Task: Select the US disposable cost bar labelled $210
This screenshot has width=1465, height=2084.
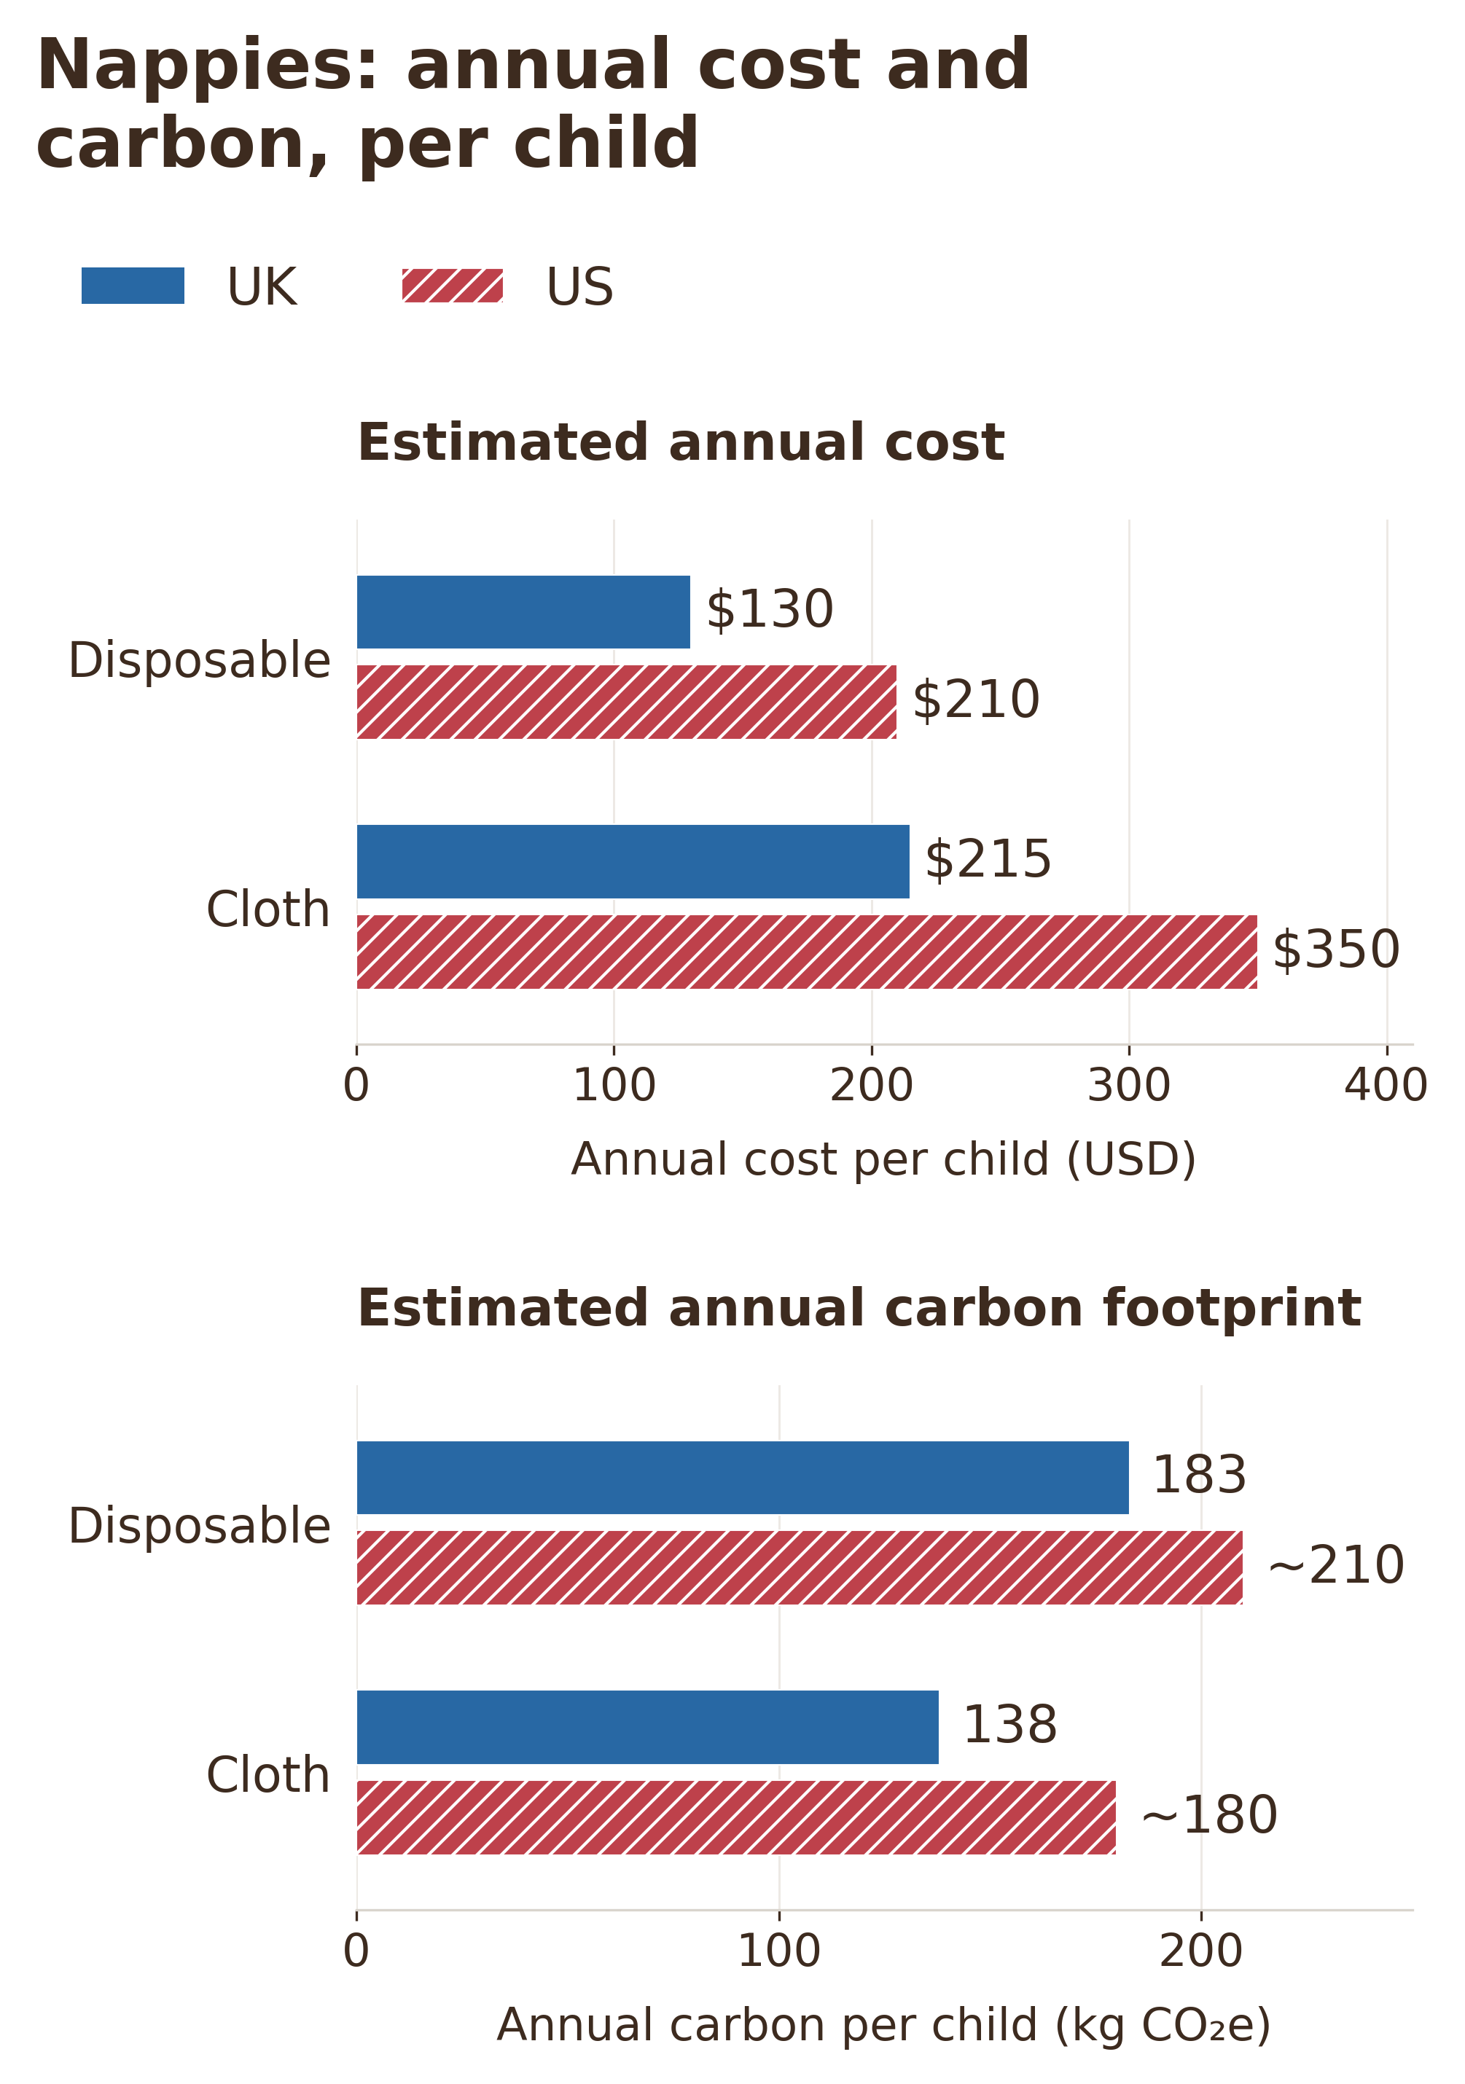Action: pyautogui.click(x=626, y=702)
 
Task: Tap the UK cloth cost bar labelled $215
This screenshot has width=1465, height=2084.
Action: pyautogui.click(x=633, y=861)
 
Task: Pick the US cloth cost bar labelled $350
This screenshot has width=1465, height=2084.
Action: pyautogui.click(x=807, y=951)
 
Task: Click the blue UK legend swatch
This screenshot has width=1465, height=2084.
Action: pyautogui.click(x=133, y=286)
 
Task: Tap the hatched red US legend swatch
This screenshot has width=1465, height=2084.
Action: pyautogui.click(x=452, y=286)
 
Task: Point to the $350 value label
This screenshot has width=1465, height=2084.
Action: pyautogui.click(x=1335, y=950)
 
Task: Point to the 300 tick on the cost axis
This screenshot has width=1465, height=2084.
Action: pyautogui.click(x=1129, y=1086)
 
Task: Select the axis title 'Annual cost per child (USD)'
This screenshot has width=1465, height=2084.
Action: pyautogui.click(x=883, y=1160)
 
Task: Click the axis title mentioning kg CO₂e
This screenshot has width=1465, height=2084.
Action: pyautogui.click(x=883, y=2026)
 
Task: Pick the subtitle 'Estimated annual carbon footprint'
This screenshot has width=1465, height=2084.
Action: pyautogui.click(x=859, y=1309)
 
